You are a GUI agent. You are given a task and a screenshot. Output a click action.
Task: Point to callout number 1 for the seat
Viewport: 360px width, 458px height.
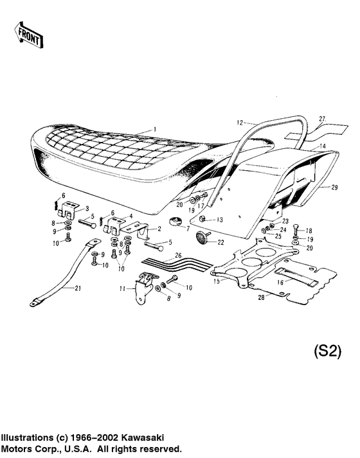point(155,129)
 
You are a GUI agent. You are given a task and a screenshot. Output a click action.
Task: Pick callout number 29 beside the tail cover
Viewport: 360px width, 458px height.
point(334,188)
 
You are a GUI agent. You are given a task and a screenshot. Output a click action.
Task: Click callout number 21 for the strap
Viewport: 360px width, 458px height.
point(78,288)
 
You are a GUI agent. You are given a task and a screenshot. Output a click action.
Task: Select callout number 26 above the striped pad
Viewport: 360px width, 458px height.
point(179,255)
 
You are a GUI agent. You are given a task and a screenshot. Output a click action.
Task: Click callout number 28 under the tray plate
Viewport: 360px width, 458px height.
point(261,297)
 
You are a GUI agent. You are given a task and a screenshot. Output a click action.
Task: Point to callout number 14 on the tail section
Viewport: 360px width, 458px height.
point(322,146)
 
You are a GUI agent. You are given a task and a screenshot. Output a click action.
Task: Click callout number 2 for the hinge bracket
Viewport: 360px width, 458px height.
point(157,229)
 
